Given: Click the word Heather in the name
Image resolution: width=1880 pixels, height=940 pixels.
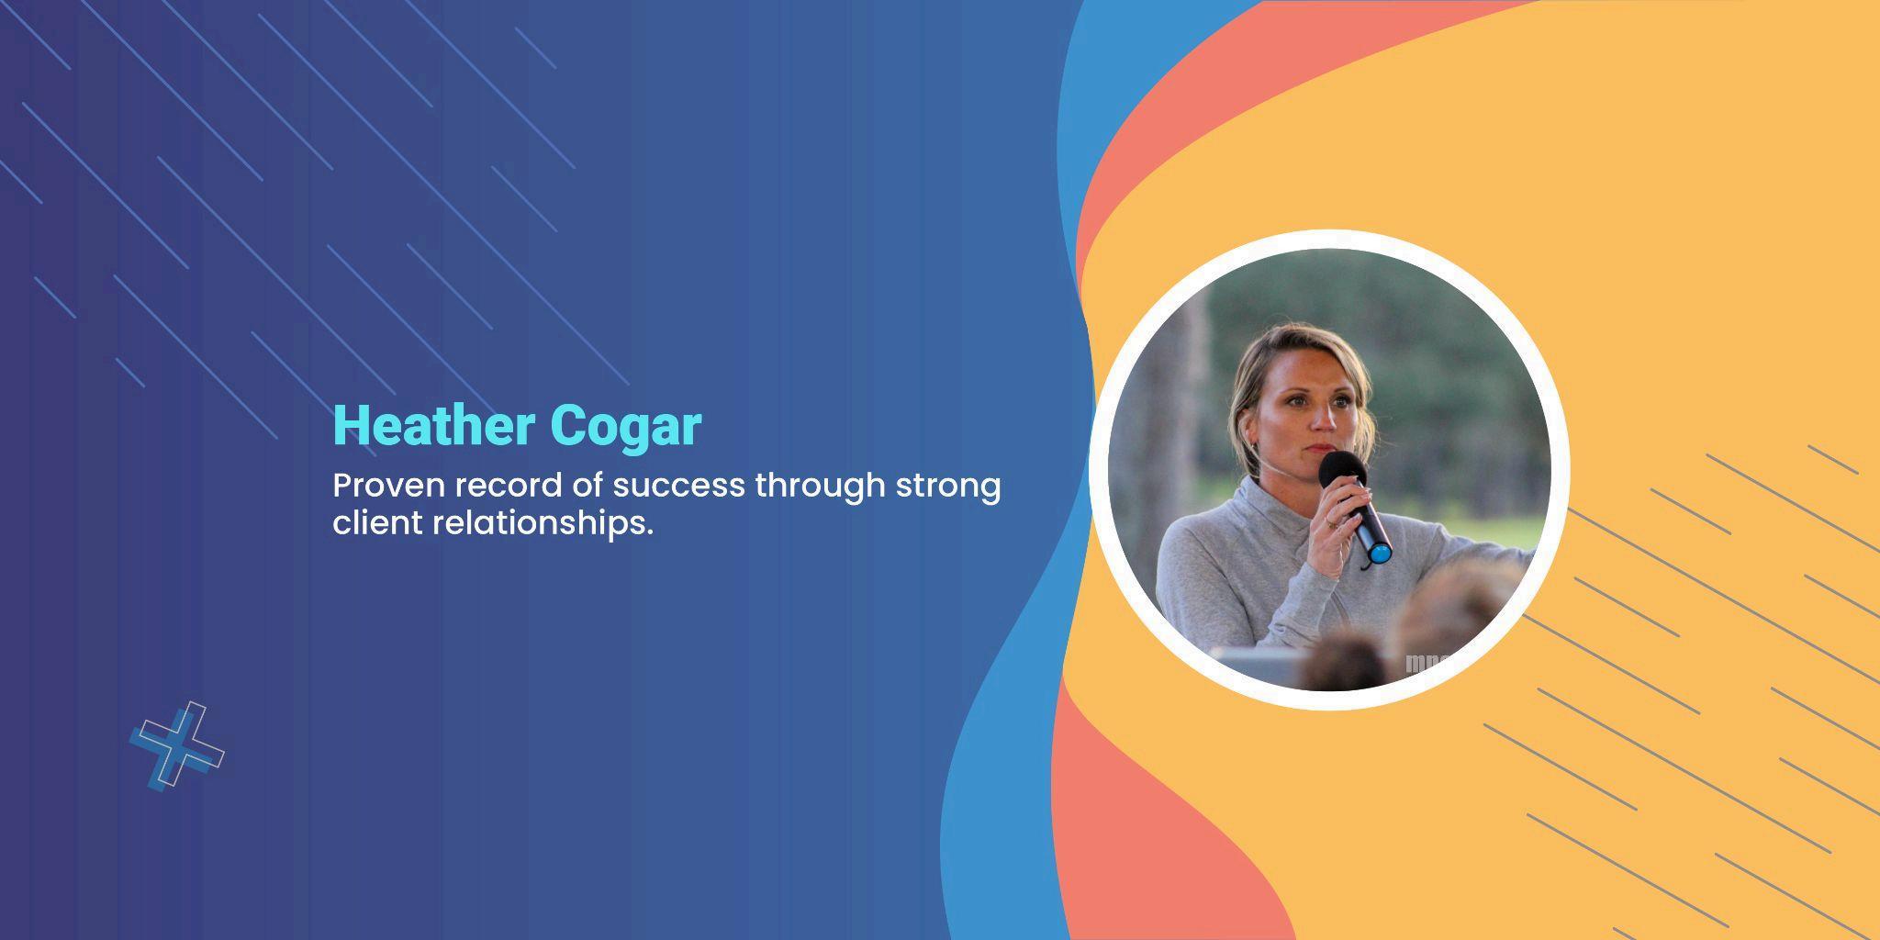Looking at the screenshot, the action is pos(434,426).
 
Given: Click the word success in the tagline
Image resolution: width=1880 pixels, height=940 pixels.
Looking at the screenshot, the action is pos(679,486).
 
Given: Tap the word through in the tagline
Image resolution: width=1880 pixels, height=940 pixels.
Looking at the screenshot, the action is pos(821,487).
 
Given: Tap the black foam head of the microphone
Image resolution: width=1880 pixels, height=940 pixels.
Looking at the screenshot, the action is pos(1341,471).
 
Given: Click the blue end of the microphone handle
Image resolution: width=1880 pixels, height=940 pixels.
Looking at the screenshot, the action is pos(1379,552).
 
